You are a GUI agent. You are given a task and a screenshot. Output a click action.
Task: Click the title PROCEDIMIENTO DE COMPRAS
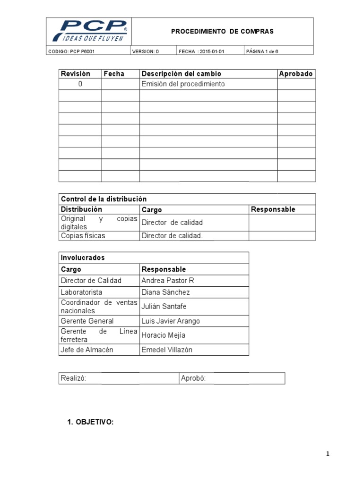tap(222, 31)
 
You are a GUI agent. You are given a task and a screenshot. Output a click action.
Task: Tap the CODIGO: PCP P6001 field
tap(71, 51)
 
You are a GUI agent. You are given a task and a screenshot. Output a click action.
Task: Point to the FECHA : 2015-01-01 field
tap(201, 51)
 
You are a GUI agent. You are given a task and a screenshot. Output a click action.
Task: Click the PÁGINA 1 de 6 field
tap(262, 51)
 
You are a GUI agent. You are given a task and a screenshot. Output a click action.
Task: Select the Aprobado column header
tap(296, 74)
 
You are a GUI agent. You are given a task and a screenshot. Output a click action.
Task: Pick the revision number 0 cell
tap(80, 84)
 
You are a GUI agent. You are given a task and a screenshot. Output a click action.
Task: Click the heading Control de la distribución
tap(104, 199)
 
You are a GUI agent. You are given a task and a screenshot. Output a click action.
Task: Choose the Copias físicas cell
tap(83, 235)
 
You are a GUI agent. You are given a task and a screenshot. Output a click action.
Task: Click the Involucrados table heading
tap(83, 258)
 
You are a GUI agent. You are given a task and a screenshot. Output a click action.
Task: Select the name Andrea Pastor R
tap(168, 281)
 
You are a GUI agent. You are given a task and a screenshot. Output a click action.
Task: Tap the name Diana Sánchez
tap(165, 292)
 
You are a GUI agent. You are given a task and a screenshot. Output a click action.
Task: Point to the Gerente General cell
tap(87, 321)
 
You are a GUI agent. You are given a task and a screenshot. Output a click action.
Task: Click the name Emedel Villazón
tap(167, 350)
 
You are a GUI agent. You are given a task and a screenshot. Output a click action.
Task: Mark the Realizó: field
tap(73, 378)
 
